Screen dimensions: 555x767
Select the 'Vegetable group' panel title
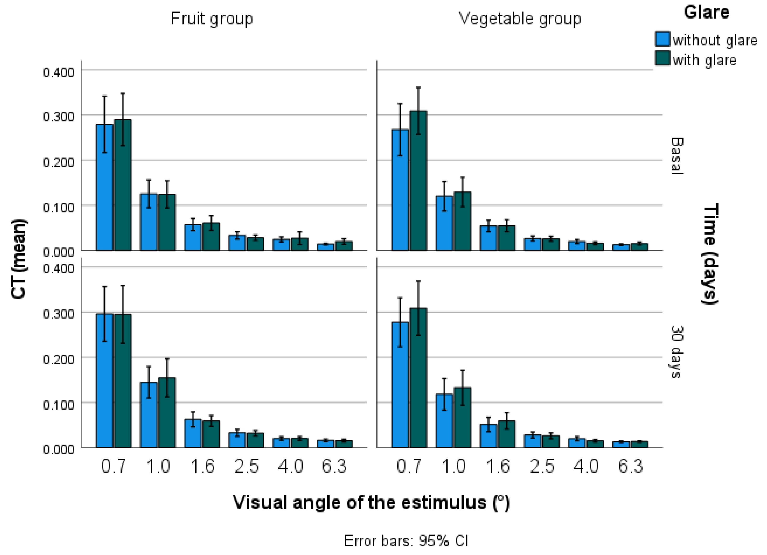coord(520,19)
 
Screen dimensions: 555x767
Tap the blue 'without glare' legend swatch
coord(662,39)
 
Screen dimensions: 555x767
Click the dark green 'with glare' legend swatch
coord(662,58)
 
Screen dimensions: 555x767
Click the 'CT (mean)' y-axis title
coord(19,259)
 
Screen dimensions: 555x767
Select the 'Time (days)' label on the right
coord(710,254)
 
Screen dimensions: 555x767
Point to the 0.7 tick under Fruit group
coord(114,466)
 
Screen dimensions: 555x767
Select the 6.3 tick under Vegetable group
coord(631,466)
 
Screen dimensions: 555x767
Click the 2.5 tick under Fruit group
coord(247,466)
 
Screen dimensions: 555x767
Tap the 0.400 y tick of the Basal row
coord(59,72)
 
